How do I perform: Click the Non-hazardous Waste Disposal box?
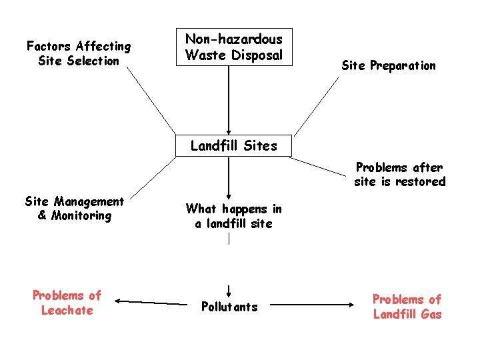233,47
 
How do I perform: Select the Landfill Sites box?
233,145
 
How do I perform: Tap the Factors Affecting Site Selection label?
79,53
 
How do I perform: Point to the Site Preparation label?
388,65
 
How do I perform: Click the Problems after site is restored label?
399,175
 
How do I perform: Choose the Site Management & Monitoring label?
74,208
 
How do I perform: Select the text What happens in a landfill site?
233,216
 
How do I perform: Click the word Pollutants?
229,307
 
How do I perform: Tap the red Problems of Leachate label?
67,303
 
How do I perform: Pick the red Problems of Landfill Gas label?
407,307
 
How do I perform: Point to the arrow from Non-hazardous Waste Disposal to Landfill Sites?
229,100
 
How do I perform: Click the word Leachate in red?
67,311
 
